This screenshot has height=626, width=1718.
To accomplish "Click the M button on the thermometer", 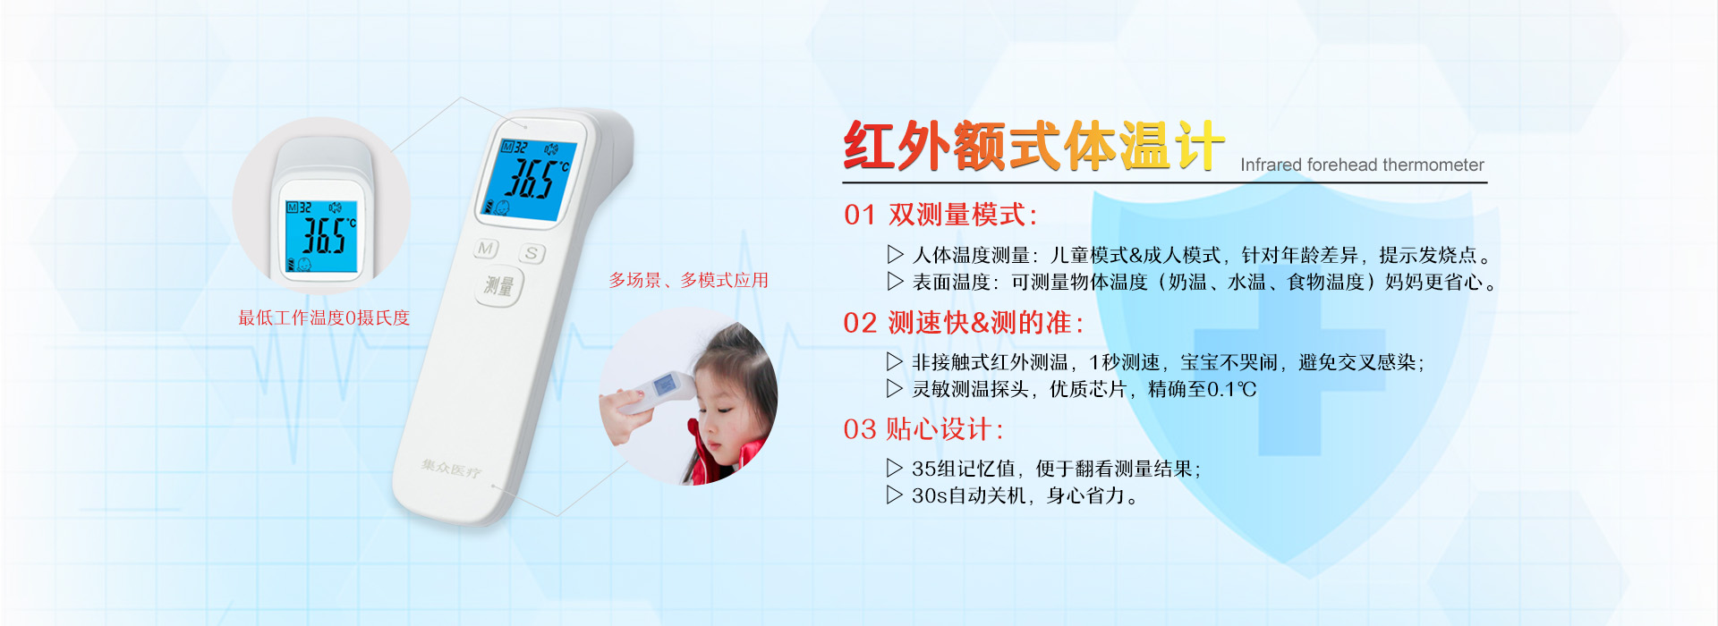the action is pos(487,249).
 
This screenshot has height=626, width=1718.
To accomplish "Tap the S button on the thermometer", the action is pos(532,253).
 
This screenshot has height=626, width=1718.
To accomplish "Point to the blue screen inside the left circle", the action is pos(320,236).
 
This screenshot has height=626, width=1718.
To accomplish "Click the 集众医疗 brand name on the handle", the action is pos(451,468).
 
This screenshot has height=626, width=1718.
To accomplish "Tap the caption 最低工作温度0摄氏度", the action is pos(324,317).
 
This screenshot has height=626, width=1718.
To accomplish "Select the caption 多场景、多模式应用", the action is pos(689,280).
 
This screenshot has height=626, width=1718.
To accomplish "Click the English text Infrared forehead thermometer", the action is pos(1362,165).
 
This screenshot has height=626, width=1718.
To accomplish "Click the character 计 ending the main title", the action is pos(1199,146).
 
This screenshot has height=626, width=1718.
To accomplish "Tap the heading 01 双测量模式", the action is pos(940,215).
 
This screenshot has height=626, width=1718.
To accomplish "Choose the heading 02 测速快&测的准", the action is pos(964,323).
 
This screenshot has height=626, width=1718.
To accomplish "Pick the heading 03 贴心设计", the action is pos(923,429).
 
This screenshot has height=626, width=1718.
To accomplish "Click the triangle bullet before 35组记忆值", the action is pos(894,468).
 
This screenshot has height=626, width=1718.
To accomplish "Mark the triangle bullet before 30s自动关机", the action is pos(894,495).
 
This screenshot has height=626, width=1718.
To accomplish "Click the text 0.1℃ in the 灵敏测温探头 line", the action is pos(1232,389).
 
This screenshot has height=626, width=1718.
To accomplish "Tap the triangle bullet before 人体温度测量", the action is pos(894,255).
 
